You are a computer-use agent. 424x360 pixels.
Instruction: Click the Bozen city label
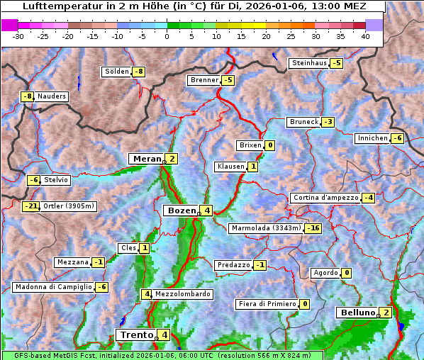pyautogui.click(x=181, y=210)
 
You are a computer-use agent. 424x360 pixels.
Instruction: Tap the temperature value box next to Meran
pyautogui.click(x=172, y=159)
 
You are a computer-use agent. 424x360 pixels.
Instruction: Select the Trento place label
pyautogui.click(x=137, y=334)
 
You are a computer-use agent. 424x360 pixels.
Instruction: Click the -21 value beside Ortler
pyautogui.click(x=30, y=206)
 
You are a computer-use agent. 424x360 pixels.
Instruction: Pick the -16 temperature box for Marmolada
pyautogui.click(x=313, y=228)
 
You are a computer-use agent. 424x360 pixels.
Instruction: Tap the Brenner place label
pyautogui.click(x=205, y=80)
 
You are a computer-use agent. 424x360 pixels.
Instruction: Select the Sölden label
pyautogui.click(x=117, y=72)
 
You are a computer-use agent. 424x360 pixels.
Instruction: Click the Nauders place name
pyautogui.click(x=52, y=96)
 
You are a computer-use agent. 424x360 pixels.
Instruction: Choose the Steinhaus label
pyautogui.click(x=310, y=63)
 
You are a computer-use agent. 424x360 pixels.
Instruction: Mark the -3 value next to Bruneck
pyautogui.click(x=327, y=122)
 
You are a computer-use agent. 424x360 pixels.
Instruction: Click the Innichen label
pyautogui.click(x=372, y=138)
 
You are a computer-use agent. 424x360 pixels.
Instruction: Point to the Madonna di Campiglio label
pyautogui.click(x=53, y=287)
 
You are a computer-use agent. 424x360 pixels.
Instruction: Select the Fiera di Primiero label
pyautogui.click(x=267, y=304)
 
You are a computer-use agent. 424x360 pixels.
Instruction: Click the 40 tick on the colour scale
pyautogui.click(x=365, y=36)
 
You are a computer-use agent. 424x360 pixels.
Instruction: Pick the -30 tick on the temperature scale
pyautogui.click(x=18, y=36)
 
